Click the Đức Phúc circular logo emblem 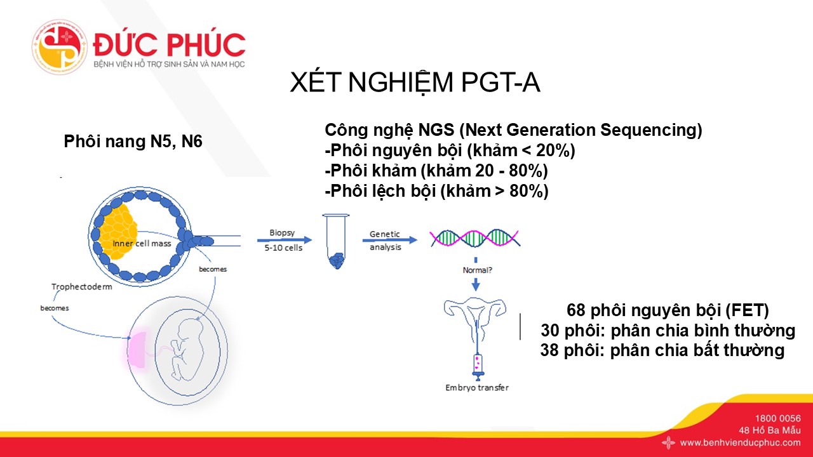60,47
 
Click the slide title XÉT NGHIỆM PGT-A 415,83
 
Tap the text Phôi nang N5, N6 133,142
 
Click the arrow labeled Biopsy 284,240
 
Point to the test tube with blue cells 336,241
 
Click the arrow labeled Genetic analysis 390,240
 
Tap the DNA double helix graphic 474,238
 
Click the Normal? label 477,270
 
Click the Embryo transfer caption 477,388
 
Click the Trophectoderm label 82,287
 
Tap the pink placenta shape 136,349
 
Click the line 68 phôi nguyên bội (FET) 668,310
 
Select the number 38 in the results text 549,350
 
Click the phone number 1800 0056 778,418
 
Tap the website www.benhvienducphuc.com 740,442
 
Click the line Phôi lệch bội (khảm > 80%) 436,191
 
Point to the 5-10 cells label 283,248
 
